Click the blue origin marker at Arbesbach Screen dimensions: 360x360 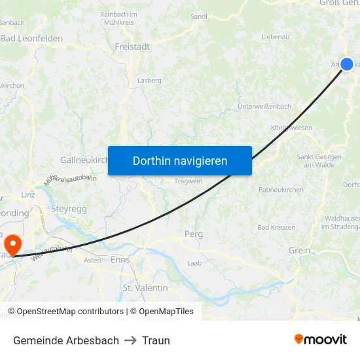click(x=347, y=63)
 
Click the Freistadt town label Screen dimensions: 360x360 click(x=132, y=46)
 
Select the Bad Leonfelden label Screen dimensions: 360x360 click(x=31, y=39)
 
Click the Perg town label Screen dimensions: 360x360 click(x=194, y=234)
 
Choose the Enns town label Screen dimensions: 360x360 click(x=120, y=260)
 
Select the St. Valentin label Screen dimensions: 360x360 click(x=146, y=287)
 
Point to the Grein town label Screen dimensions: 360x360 click(x=299, y=250)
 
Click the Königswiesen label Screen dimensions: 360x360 click(x=291, y=128)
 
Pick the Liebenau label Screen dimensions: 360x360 click(x=275, y=37)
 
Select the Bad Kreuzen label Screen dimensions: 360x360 click(x=277, y=227)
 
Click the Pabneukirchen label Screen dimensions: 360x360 click(x=281, y=189)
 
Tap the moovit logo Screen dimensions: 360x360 click(x=320, y=339)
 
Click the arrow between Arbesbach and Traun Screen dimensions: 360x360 click(x=130, y=340)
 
